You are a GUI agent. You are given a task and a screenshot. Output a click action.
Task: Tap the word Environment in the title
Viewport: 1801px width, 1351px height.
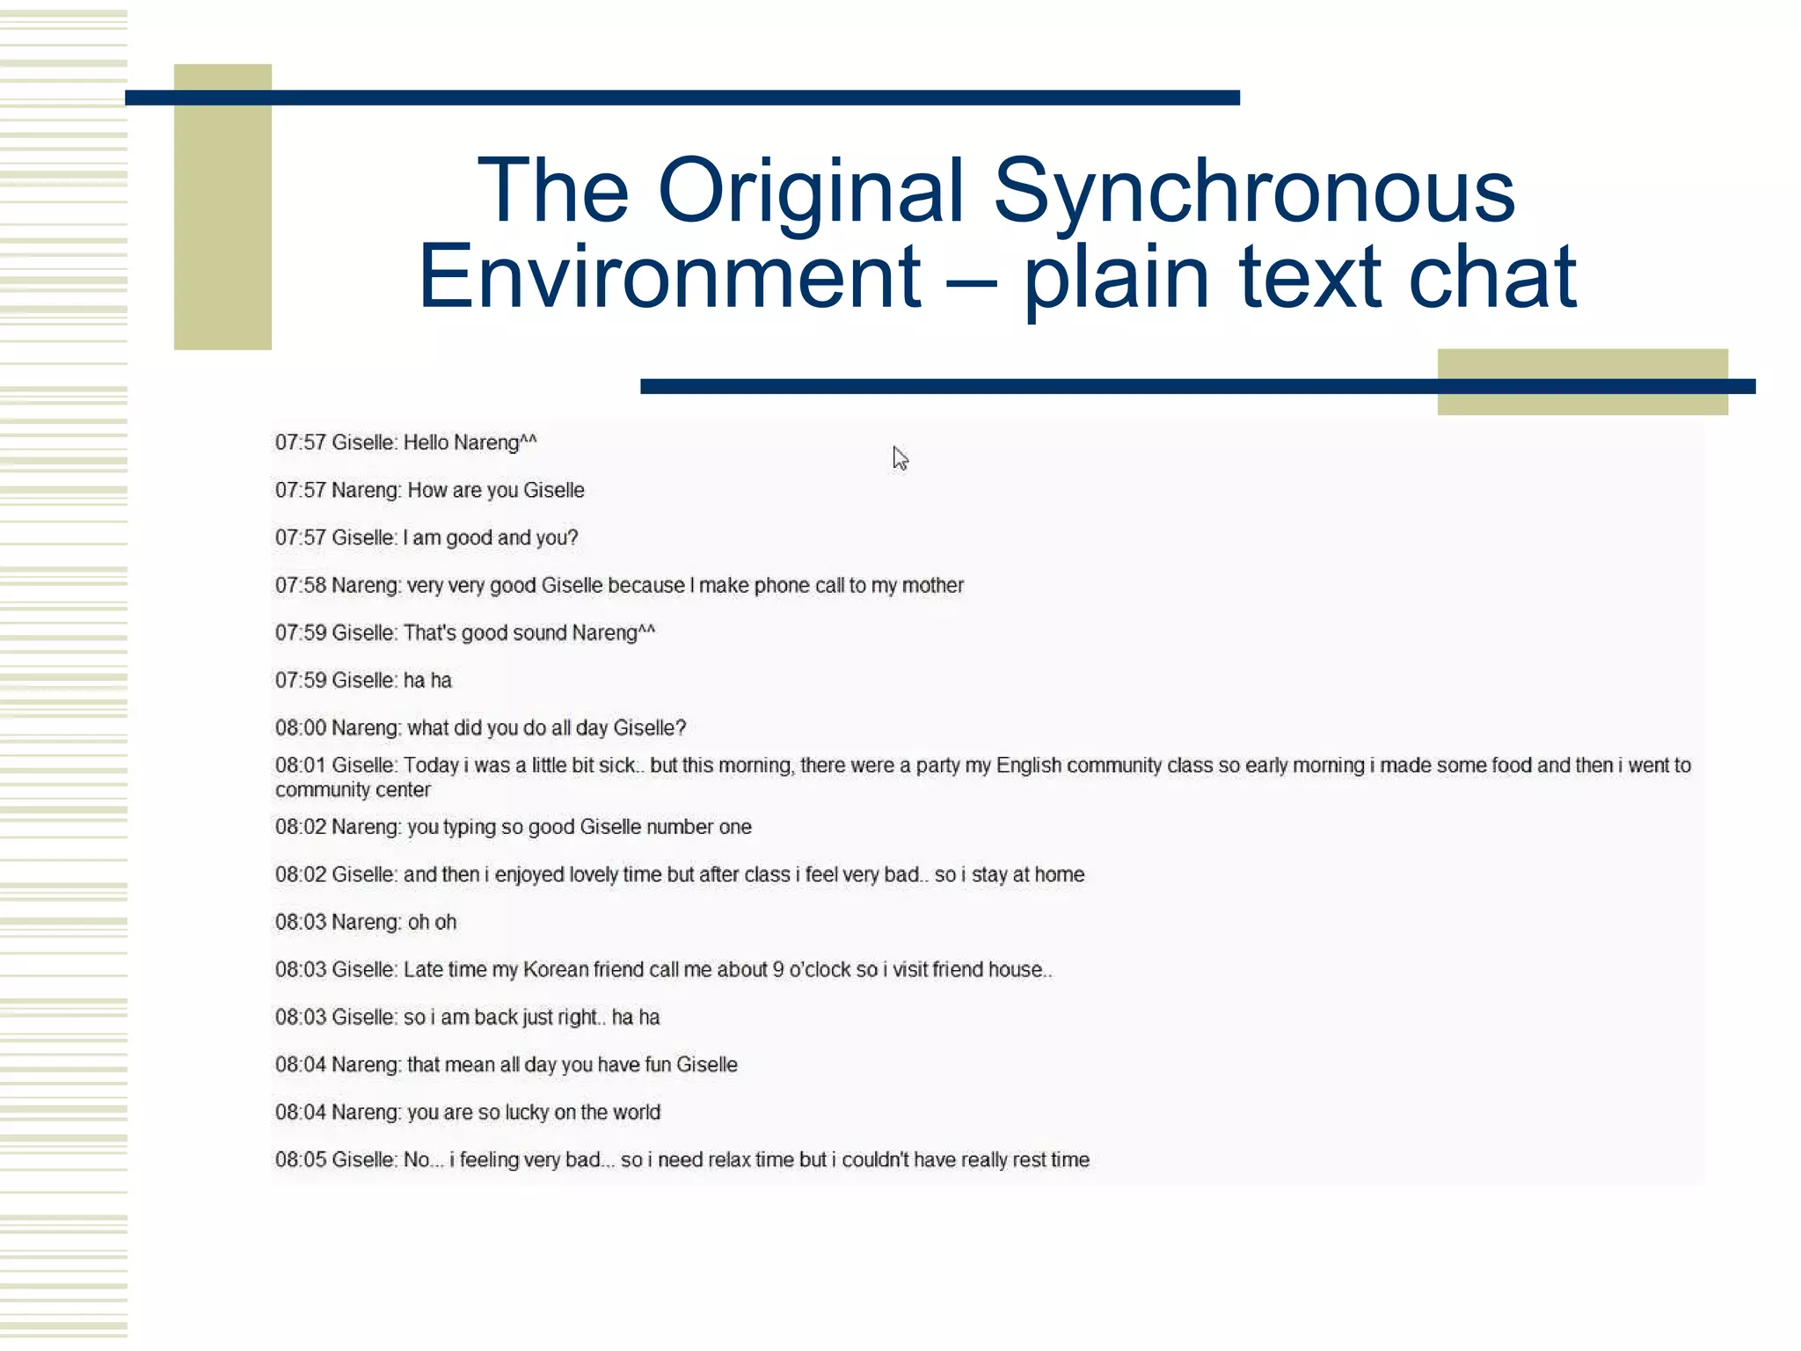[669, 277]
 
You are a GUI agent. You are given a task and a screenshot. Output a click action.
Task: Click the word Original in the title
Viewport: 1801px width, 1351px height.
[811, 190]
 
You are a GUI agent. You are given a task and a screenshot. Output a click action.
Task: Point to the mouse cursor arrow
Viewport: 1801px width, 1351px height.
[899, 457]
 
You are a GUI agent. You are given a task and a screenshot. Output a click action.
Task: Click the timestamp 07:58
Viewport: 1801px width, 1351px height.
[300, 586]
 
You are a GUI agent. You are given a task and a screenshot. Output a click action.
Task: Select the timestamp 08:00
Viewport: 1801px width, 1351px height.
[300, 728]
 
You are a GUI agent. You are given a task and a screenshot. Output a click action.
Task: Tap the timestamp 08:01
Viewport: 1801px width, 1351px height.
[300, 765]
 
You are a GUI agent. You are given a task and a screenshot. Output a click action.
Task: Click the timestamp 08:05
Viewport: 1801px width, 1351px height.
[300, 1160]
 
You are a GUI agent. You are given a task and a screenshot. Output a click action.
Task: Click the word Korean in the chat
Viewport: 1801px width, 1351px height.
[555, 970]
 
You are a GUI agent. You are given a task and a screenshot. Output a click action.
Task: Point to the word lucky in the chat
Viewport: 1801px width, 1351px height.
[526, 1113]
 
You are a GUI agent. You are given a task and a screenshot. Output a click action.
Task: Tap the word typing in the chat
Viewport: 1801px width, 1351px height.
[469, 828]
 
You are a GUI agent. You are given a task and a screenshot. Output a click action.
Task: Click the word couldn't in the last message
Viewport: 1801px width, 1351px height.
[875, 1160]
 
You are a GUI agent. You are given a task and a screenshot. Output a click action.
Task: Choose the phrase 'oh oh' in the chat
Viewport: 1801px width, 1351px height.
[432, 923]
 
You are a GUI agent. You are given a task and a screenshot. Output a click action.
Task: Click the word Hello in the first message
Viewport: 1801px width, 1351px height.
[426, 442]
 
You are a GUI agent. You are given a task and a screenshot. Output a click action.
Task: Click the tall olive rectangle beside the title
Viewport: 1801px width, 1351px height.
[222, 207]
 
